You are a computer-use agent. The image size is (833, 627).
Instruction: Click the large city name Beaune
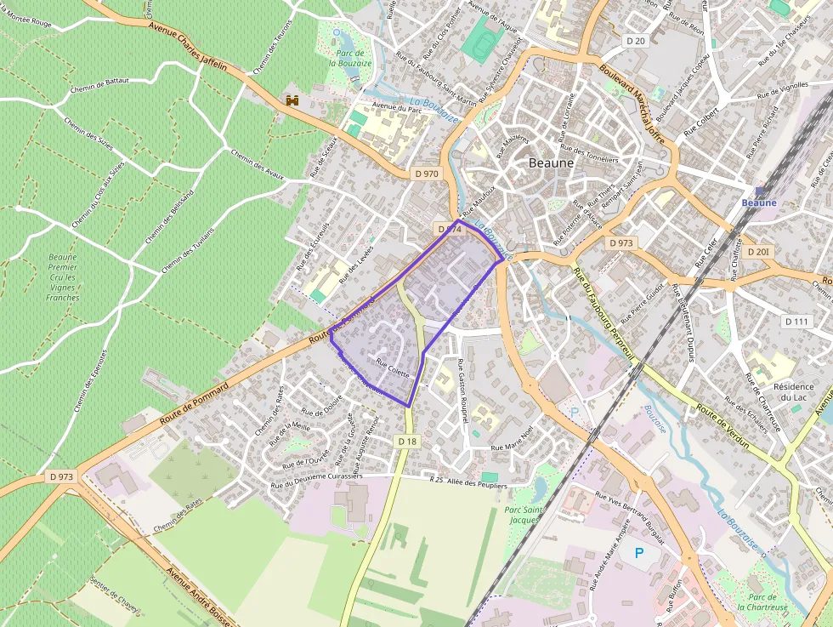click(x=551, y=162)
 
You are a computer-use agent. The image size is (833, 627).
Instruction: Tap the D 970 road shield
click(x=427, y=174)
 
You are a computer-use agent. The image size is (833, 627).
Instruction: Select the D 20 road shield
click(x=635, y=40)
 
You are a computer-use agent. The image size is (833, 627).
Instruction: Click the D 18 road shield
click(x=407, y=441)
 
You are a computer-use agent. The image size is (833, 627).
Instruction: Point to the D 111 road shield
click(x=796, y=321)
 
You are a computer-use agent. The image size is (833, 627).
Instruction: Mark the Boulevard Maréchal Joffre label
click(x=630, y=101)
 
